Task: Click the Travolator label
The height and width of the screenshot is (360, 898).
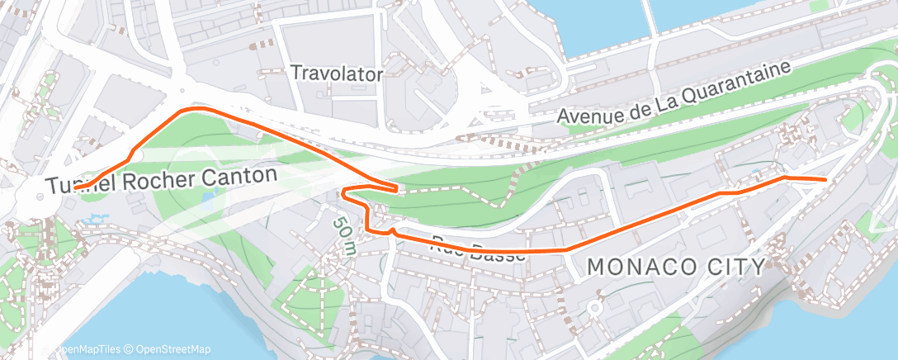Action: pos(337,73)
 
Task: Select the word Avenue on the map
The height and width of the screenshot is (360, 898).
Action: pos(588,114)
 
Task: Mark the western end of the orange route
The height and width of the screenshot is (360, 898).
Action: pos(76,188)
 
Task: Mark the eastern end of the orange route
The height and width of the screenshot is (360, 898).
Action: pos(825,178)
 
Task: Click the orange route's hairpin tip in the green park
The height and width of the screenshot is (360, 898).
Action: pos(399,189)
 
